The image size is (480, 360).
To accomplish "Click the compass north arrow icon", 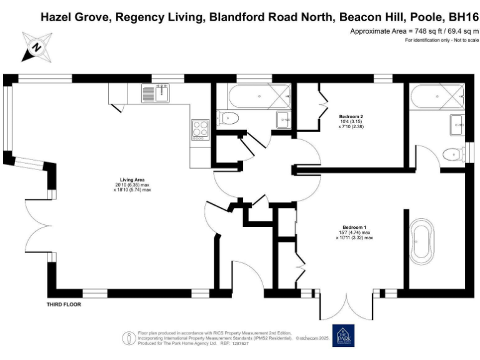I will coord(36,46).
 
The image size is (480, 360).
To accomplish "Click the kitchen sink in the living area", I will coord(156,94).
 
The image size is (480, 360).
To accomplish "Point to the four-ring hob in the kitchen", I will coord(200,129).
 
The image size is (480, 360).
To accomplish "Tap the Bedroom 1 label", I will coord(354,227).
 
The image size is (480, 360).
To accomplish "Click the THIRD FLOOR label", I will coord(64,304).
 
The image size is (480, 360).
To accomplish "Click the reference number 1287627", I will coord(239,344).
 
